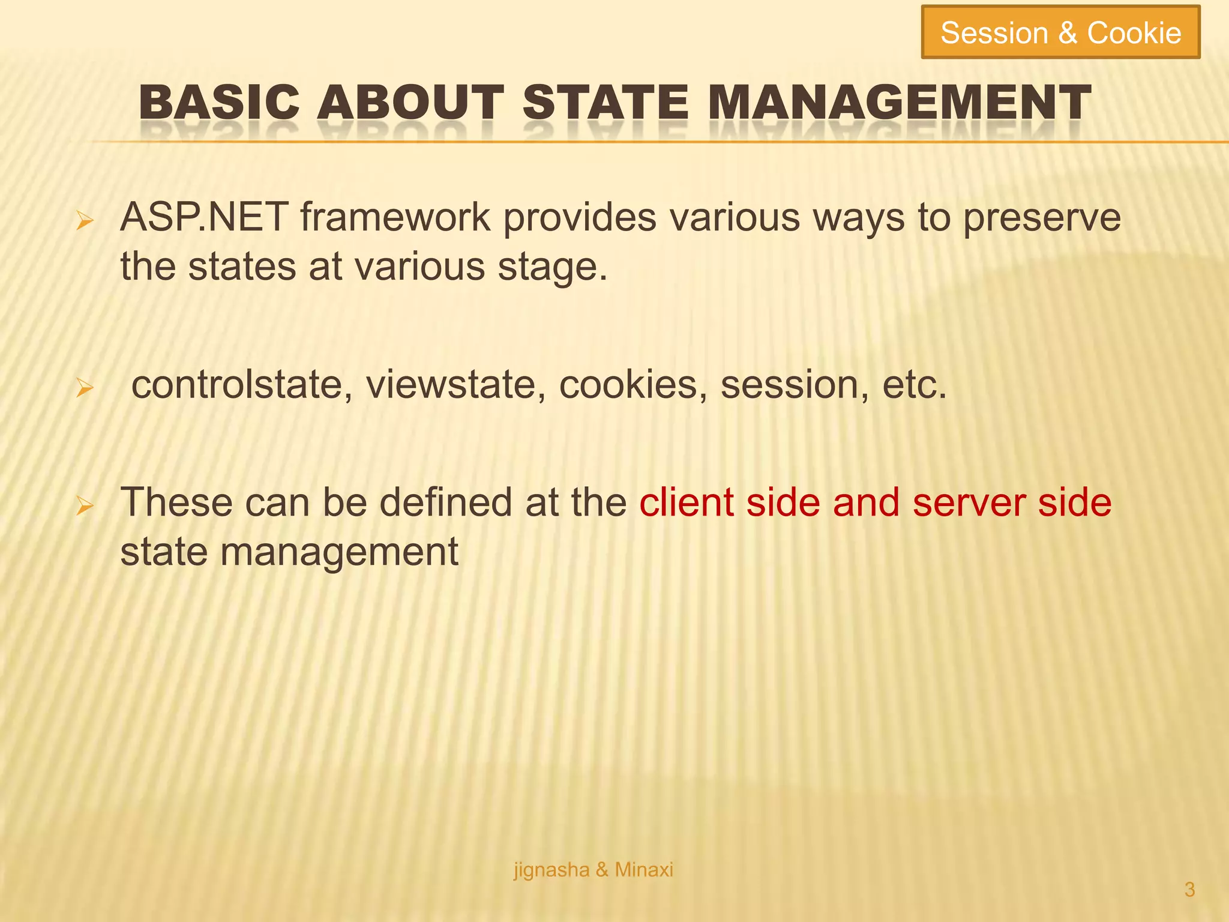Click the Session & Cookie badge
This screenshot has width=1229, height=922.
click(1060, 32)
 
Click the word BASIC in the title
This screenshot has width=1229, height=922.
click(219, 102)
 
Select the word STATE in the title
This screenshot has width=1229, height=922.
click(605, 102)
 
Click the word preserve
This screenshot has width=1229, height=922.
click(1042, 218)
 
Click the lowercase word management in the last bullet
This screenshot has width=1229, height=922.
click(339, 552)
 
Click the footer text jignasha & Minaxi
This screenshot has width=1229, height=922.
click(593, 869)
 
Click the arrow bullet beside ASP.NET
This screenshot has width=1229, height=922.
click(85, 223)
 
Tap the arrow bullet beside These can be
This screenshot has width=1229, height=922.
click(85, 508)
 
